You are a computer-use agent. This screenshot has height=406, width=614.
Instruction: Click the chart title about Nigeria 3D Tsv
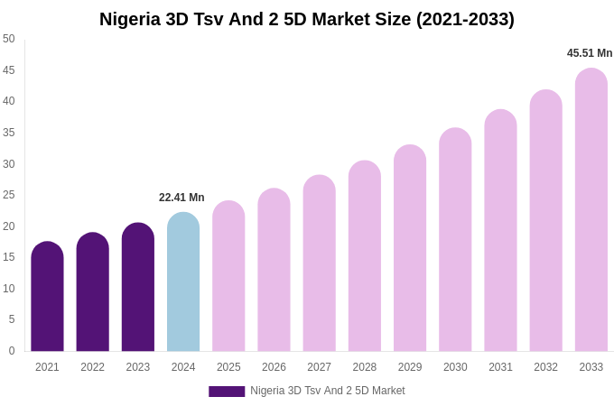pos(307,19)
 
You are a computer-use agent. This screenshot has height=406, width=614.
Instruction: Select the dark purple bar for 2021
pos(47,298)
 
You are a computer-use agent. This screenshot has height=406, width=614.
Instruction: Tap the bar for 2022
pos(92,293)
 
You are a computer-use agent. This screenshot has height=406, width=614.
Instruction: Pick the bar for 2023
pos(138,289)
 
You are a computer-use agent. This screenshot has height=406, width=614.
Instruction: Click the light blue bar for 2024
pos(183,283)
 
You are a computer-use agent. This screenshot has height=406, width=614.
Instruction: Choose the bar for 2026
pos(274,271)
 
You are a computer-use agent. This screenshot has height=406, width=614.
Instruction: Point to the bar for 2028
pos(365,257)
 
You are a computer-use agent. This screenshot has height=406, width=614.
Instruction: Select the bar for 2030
pos(455,241)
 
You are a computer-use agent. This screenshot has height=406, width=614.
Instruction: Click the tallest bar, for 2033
pos(591,211)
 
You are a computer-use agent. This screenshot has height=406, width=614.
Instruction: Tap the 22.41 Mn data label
pos(181,198)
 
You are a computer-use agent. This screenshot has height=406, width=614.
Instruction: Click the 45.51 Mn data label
pos(590,53)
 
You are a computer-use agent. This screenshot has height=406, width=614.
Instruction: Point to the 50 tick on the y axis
pos(9,39)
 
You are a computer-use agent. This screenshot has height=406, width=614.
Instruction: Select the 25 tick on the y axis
pos(9,195)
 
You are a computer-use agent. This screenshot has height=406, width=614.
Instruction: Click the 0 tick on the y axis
pos(12,351)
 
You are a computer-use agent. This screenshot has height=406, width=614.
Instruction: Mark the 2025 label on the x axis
pos(228,367)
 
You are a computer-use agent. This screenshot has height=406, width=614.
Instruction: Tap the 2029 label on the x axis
pos(410,367)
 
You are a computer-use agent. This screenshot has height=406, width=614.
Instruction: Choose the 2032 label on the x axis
pos(545,367)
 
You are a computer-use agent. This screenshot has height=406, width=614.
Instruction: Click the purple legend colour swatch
pos(227,392)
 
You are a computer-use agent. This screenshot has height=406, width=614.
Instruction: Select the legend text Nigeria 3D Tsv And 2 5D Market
pos(328,391)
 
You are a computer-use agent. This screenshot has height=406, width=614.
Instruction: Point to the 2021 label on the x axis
pos(47,367)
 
